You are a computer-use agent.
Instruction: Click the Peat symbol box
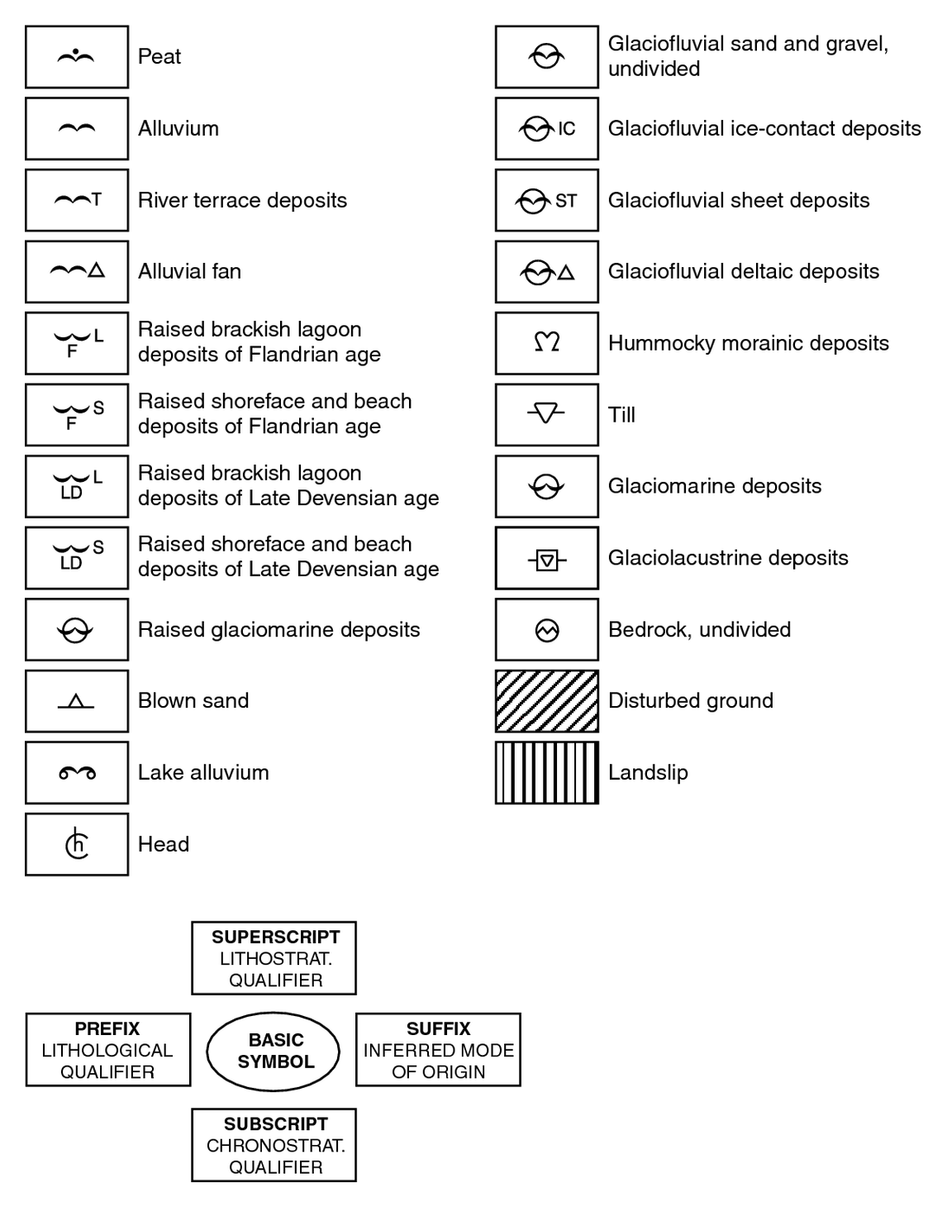tap(77, 57)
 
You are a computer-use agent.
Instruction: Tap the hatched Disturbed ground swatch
tap(547, 701)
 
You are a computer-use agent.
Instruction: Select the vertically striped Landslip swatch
tap(547, 773)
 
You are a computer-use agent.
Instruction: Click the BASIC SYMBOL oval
tap(273, 1052)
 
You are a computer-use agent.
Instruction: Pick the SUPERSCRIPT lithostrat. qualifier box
tap(274, 958)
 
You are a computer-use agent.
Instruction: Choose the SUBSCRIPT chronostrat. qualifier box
tap(274, 1145)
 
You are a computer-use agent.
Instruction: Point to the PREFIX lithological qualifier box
tap(108, 1050)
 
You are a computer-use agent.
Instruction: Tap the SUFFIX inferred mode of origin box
tap(438, 1050)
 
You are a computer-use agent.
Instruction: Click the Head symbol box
tap(77, 844)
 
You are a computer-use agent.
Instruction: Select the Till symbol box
tap(547, 414)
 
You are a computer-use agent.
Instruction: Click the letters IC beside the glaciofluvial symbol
tap(566, 129)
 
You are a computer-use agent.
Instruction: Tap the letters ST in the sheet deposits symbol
tap(566, 201)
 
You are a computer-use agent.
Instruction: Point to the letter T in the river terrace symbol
tap(97, 199)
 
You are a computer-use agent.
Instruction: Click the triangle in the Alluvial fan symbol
tap(97, 270)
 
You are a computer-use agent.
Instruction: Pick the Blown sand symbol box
tap(77, 701)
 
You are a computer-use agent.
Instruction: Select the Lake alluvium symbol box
tap(77, 773)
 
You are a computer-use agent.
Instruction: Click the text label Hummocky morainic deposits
tap(749, 343)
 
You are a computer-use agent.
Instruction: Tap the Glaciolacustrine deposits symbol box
tap(547, 558)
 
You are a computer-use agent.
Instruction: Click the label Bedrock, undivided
tap(699, 630)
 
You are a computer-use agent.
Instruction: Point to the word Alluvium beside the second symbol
tap(178, 128)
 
